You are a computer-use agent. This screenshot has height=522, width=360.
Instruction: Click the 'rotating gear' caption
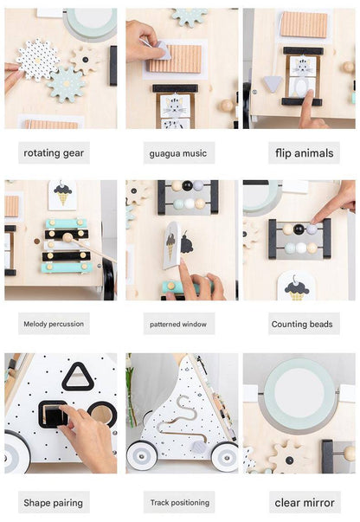coord(54,153)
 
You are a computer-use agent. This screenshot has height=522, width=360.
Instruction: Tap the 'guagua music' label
coord(178,153)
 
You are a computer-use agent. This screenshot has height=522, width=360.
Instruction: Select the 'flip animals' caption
coord(304,153)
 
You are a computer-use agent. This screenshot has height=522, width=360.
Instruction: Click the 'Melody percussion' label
coord(54,324)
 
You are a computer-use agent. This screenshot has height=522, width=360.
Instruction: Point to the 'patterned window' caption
coord(178,324)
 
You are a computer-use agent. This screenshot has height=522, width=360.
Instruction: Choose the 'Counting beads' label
coord(302,324)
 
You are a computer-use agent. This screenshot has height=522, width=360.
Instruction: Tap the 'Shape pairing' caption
coord(54,503)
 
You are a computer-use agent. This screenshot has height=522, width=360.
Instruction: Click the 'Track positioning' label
coord(180,502)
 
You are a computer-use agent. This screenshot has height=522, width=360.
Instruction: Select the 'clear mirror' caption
coord(305,503)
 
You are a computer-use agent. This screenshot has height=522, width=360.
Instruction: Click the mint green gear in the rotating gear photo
coord(67,84)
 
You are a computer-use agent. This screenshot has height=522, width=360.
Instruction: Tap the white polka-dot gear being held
coord(37,60)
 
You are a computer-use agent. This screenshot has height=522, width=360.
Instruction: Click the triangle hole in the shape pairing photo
coord(77,377)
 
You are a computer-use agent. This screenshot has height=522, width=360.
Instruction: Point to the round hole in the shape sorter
coord(102,414)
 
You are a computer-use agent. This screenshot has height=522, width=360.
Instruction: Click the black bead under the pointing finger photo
coord(299,229)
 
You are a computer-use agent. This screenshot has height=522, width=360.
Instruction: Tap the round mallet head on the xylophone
coord(67,237)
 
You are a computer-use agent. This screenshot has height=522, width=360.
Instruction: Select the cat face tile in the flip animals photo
coord(302,66)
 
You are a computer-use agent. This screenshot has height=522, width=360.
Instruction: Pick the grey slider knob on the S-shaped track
coord(200,447)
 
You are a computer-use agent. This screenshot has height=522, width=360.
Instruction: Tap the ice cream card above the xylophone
coord(62,196)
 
